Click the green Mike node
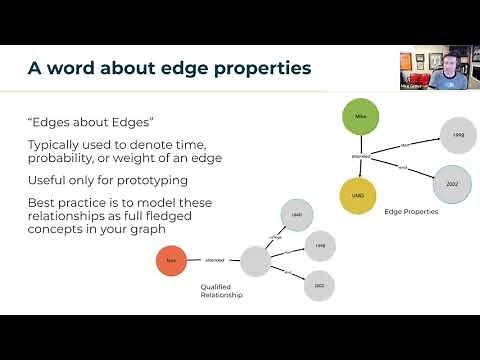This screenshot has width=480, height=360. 361,117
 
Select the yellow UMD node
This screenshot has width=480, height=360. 357,195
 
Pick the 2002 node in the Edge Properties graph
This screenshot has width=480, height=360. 451,183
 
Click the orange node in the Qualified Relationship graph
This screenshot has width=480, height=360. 171,262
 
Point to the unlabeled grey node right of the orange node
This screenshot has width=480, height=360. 255,261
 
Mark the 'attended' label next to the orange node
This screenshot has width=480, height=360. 214,261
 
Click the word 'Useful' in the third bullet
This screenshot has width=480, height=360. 44,179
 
